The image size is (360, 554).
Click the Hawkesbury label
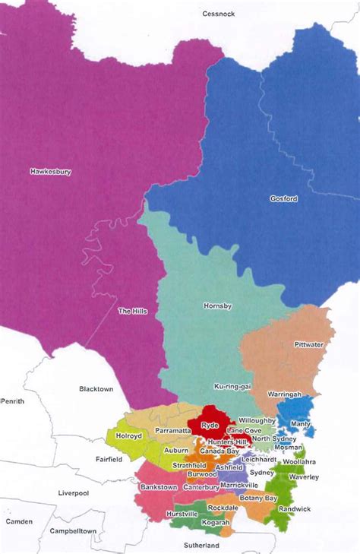tap(50, 172)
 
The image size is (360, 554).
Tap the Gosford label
tap(283, 199)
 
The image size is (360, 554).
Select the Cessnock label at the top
tap(219, 14)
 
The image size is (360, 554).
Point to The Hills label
tap(132, 311)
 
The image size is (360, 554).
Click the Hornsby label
tap(216, 306)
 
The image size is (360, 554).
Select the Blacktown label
tap(96, 388)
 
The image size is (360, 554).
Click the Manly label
tap(302, 423)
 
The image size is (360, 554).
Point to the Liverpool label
tap(74, 493)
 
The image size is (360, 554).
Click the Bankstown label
tap(159, 486)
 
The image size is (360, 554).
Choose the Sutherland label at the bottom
tap(201, 546)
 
